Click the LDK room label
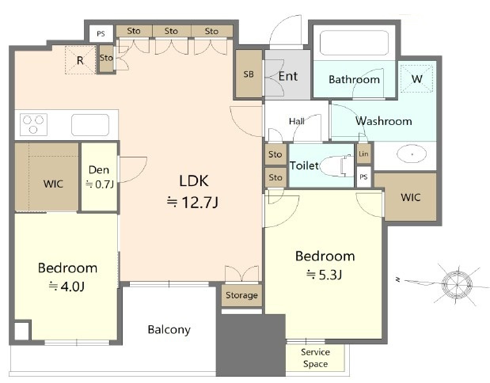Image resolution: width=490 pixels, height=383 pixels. point(194,181)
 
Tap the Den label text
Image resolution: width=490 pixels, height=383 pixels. point(99,170)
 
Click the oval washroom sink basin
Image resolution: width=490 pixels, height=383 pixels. point(412,154)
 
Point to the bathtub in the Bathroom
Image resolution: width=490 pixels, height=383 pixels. point(354,43)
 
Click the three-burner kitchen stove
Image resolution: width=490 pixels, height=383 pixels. point(33,125)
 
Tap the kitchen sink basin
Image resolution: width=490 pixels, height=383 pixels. point(90,125)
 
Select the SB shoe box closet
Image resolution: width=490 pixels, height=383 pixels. point(249,74)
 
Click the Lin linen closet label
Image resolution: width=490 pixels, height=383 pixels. point(363,154)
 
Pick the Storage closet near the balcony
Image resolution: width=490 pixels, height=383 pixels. point(242,295)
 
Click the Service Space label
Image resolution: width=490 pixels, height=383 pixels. point(315,358)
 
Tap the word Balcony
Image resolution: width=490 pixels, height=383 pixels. point(169,329)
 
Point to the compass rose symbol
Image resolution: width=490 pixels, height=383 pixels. point(458,285)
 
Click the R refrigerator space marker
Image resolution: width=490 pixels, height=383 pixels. point(80,60)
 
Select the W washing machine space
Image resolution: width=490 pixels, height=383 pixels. point(417,78)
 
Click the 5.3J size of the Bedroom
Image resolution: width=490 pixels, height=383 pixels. point(325,275)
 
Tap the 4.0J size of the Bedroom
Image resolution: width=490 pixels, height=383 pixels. point(66,286)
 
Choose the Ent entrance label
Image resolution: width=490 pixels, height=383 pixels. point(288,76)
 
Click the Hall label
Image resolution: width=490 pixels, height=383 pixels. point(297,121)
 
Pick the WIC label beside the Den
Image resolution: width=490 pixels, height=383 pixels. point(53,184)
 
